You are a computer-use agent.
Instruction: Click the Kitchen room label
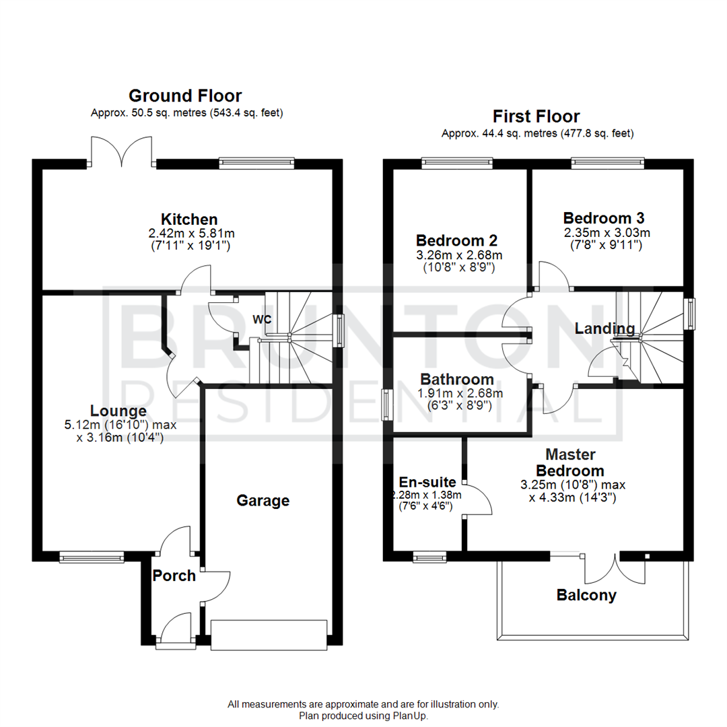[x=189, y=219]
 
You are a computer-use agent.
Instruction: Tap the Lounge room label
[x=119, y=411]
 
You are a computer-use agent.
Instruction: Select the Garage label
[x=263, y=500]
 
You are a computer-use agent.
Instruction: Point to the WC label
[x=262, y=319]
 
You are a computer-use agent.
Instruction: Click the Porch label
[x=174, y=576]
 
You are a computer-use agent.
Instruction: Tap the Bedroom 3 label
[x=604, y=218]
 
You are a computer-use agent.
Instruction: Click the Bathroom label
[x=457, y=380]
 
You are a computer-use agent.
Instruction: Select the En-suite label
[x=427, y=482]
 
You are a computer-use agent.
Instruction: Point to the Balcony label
[x=586, y=595]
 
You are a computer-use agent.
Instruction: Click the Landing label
[x=604, y=328]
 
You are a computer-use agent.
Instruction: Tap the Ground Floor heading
[x=185, y=96]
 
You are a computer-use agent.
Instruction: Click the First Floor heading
[x=536, y=116]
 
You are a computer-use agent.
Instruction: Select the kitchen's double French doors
[x=121, y=151]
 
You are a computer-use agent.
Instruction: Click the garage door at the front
[x=269, y=635]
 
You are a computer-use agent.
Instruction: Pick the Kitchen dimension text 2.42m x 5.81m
[x=189, y=233]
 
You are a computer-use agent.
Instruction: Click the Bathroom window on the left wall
[x=387, y=405]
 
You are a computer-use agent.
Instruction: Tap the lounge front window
[x=92, y=557]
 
